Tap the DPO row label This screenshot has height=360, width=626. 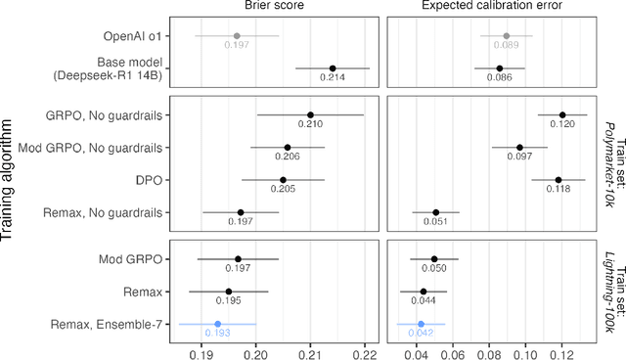[x=149, y=179]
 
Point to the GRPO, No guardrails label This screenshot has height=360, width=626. [x=106, y=115]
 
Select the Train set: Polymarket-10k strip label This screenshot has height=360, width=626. [x=604, y=163]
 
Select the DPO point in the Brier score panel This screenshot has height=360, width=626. [x=283, y=179]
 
